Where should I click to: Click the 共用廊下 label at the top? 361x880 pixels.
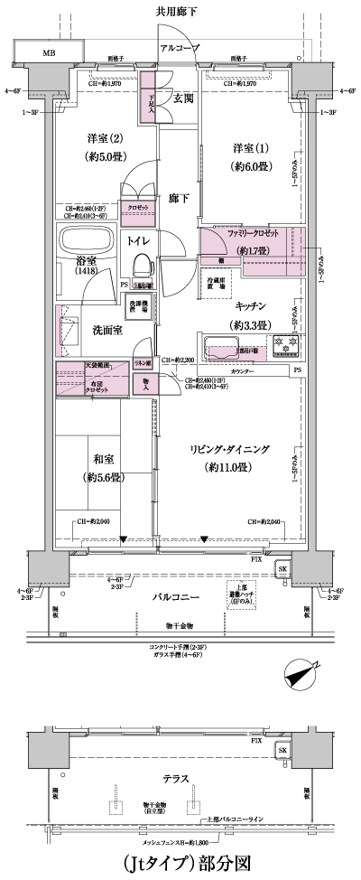tap(180, 10)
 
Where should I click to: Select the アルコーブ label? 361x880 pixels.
tap(179, 48)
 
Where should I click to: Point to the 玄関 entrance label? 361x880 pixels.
tap(183, 98)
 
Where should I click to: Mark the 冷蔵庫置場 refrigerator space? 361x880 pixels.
tap(216, 286)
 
